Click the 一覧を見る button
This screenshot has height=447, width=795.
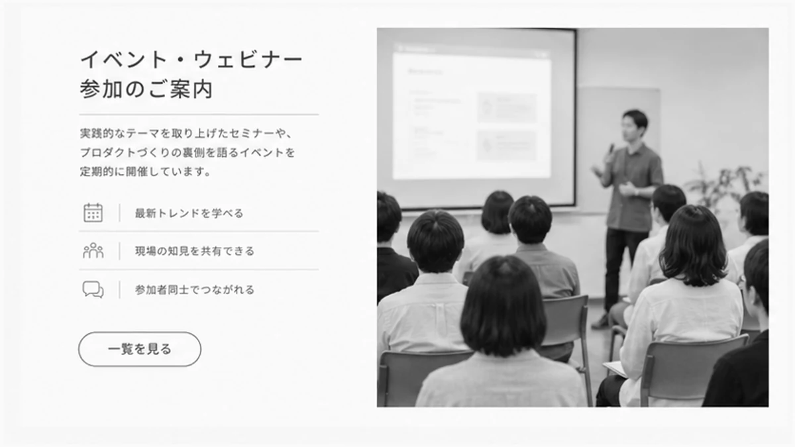click(x=140, y=349)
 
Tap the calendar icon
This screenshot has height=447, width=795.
click(x=93, y=213)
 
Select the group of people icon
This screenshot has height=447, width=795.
click(x=93, y=250)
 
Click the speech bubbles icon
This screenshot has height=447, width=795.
click(x=93, y=289)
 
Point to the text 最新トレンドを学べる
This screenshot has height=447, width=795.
click(x=189, y=213)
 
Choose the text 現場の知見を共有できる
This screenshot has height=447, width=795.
click(x=195, y=251)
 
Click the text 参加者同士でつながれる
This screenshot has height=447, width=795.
click(x=195, y=290)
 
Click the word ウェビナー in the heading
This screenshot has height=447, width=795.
click(x=248, y=59)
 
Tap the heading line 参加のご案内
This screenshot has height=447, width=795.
click(x=146, y=89)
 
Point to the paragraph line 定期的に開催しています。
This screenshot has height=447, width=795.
click(x=146, y=172)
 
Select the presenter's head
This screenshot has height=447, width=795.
click(x=635, y=124)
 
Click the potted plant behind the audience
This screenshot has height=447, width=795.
click(x=724, y=186)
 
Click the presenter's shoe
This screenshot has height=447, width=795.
click(x=600, y=321)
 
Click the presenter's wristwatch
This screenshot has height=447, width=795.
click(x=637, y=192)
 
